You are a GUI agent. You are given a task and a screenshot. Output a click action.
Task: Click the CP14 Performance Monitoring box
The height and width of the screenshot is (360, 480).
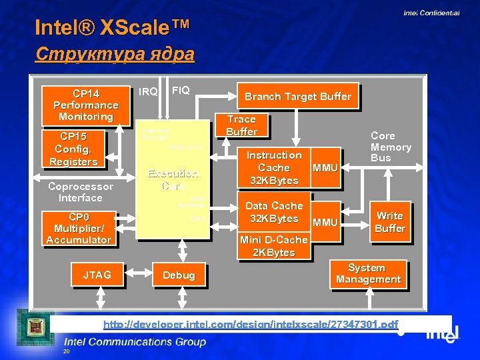pos(85,105)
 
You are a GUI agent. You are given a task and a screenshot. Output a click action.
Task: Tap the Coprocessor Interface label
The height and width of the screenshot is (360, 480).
pos(80,192)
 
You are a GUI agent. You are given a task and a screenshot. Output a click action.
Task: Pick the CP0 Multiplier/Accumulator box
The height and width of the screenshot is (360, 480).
pos(79,229)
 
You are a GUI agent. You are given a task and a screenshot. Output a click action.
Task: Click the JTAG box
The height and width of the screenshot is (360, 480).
pos(97,275)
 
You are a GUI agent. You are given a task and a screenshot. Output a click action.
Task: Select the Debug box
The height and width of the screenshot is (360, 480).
pos(179,275)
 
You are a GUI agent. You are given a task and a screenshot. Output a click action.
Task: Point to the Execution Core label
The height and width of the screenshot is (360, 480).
pos(172,180)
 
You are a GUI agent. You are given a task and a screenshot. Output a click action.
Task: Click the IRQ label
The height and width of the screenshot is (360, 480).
pos(148,91)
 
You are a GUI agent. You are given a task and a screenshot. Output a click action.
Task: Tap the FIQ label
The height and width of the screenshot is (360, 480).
pos(181,90)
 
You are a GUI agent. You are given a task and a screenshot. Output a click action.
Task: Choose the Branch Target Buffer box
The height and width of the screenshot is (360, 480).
pos(297,97)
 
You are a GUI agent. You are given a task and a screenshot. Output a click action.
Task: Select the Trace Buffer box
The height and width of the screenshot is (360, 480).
pos(241,125)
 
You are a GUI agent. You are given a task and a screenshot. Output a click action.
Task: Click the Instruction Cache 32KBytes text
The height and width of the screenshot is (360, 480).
pos(274,167)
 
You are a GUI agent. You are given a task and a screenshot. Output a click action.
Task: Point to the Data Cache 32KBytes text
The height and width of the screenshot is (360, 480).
pos(274,212)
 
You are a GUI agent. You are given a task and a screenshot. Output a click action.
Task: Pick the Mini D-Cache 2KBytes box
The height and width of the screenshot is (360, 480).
pos(274,246)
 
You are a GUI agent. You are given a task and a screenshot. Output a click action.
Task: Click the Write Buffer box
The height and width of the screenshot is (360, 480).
pos(390,222)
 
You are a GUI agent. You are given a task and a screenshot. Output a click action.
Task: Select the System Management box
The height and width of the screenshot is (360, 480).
pos(368,274)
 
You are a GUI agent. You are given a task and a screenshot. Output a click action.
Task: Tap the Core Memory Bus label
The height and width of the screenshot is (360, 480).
pos(391,147)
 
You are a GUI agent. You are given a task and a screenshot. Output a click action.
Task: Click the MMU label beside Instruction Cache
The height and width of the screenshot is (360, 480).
pos(325,168)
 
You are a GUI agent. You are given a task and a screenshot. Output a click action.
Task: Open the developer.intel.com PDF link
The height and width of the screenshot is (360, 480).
pos(251,325)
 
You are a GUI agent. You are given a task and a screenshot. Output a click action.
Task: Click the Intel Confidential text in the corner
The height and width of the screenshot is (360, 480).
pos(431,13)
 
